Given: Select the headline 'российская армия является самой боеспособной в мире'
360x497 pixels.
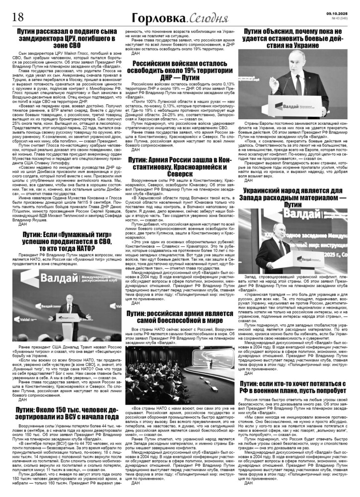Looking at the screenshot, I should [x=180, y=318].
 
